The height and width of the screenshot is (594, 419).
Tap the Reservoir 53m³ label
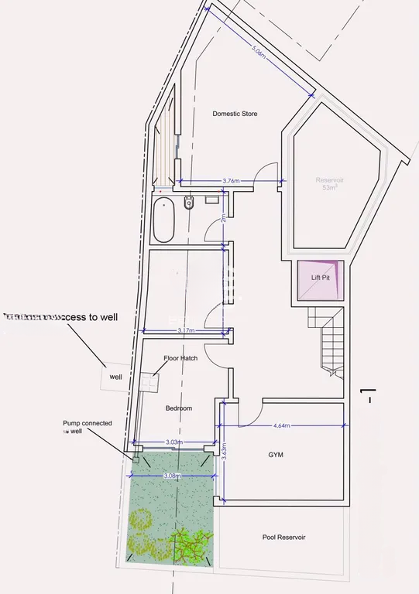pyautogui.click(x=329, y=184)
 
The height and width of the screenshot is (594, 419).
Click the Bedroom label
pyautogui.click(x=178, y=408)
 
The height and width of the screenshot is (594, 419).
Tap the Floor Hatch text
pyautogui.click(x=180, y=358)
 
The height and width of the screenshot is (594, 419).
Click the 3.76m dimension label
pyautogui.click(x=230, y=180)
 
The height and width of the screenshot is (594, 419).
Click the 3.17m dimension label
pyautogui.click(x=186, y=331)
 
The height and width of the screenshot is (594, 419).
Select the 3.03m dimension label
pyautogui.click(x=175, y=442)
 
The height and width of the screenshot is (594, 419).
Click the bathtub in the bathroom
pyautogui.click(x=164, y=220)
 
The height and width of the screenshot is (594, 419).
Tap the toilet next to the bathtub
pyautogui.click(x=188, y=203)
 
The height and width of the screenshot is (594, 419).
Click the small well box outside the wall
pyautogui.click(x=115, y=377)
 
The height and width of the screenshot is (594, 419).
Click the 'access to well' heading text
pyautogui.click(x=62, y=316)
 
